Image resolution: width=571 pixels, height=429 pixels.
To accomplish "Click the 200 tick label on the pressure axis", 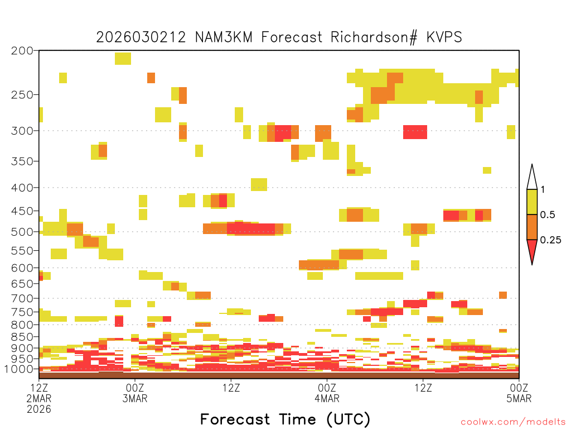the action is point(22,51).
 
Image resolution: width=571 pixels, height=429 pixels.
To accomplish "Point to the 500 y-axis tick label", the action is point(22,232).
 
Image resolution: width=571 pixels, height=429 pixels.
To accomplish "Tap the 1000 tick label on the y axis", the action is point(19,369).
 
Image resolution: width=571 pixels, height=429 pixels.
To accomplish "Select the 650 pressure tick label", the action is point(22,283).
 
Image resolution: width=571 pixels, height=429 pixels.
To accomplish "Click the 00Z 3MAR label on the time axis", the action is point(135,393).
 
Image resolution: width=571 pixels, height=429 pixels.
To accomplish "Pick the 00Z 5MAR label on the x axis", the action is point(519,393).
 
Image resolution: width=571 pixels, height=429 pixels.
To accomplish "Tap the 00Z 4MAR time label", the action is point(327,393).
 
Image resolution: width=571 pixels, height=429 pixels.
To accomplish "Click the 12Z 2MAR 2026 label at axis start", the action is point(39,398).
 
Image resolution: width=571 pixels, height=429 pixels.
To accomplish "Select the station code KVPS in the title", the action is point(444,37).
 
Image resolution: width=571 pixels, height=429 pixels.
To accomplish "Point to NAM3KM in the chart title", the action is point(224,37).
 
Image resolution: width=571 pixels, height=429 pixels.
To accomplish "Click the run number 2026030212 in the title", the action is point(141,37).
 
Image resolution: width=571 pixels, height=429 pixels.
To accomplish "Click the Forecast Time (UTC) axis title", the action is point(285,419).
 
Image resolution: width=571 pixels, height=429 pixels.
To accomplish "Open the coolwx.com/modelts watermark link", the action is point(514,422).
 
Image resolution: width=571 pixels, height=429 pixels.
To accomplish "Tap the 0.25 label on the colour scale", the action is point(550,240).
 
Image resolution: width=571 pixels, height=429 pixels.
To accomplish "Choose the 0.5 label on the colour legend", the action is point(548,214).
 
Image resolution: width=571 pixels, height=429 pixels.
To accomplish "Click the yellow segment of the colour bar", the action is point(532,202).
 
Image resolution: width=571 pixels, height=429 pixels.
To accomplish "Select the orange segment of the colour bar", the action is point(532,227).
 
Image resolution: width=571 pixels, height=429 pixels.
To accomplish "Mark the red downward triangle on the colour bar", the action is point(532,250).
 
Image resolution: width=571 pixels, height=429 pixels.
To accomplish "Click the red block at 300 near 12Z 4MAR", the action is point(415,132).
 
